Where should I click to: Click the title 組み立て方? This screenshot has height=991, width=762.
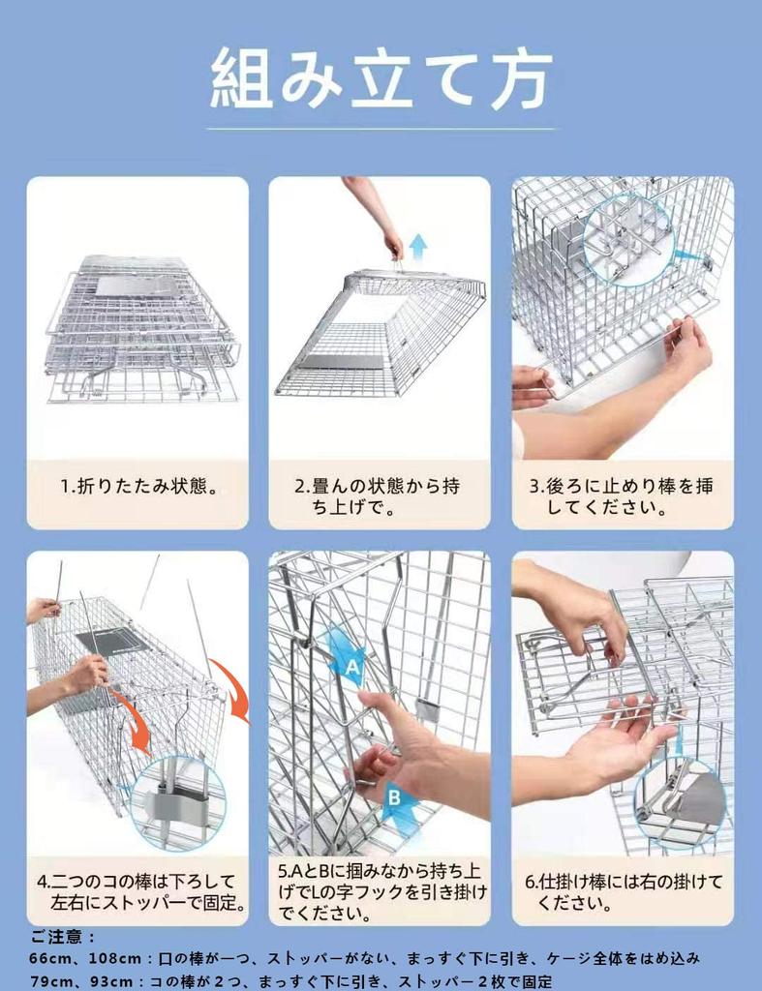(381, 78)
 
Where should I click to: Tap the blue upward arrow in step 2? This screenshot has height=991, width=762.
(418, 246)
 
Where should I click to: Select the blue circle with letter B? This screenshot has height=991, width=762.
(395, 797)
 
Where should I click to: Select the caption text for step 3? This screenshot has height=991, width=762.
(622, 496)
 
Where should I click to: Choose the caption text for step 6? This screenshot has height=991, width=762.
(623, 893)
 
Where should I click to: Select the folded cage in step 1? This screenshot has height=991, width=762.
(140, 329)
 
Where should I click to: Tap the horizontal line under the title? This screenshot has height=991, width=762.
(381, 129)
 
